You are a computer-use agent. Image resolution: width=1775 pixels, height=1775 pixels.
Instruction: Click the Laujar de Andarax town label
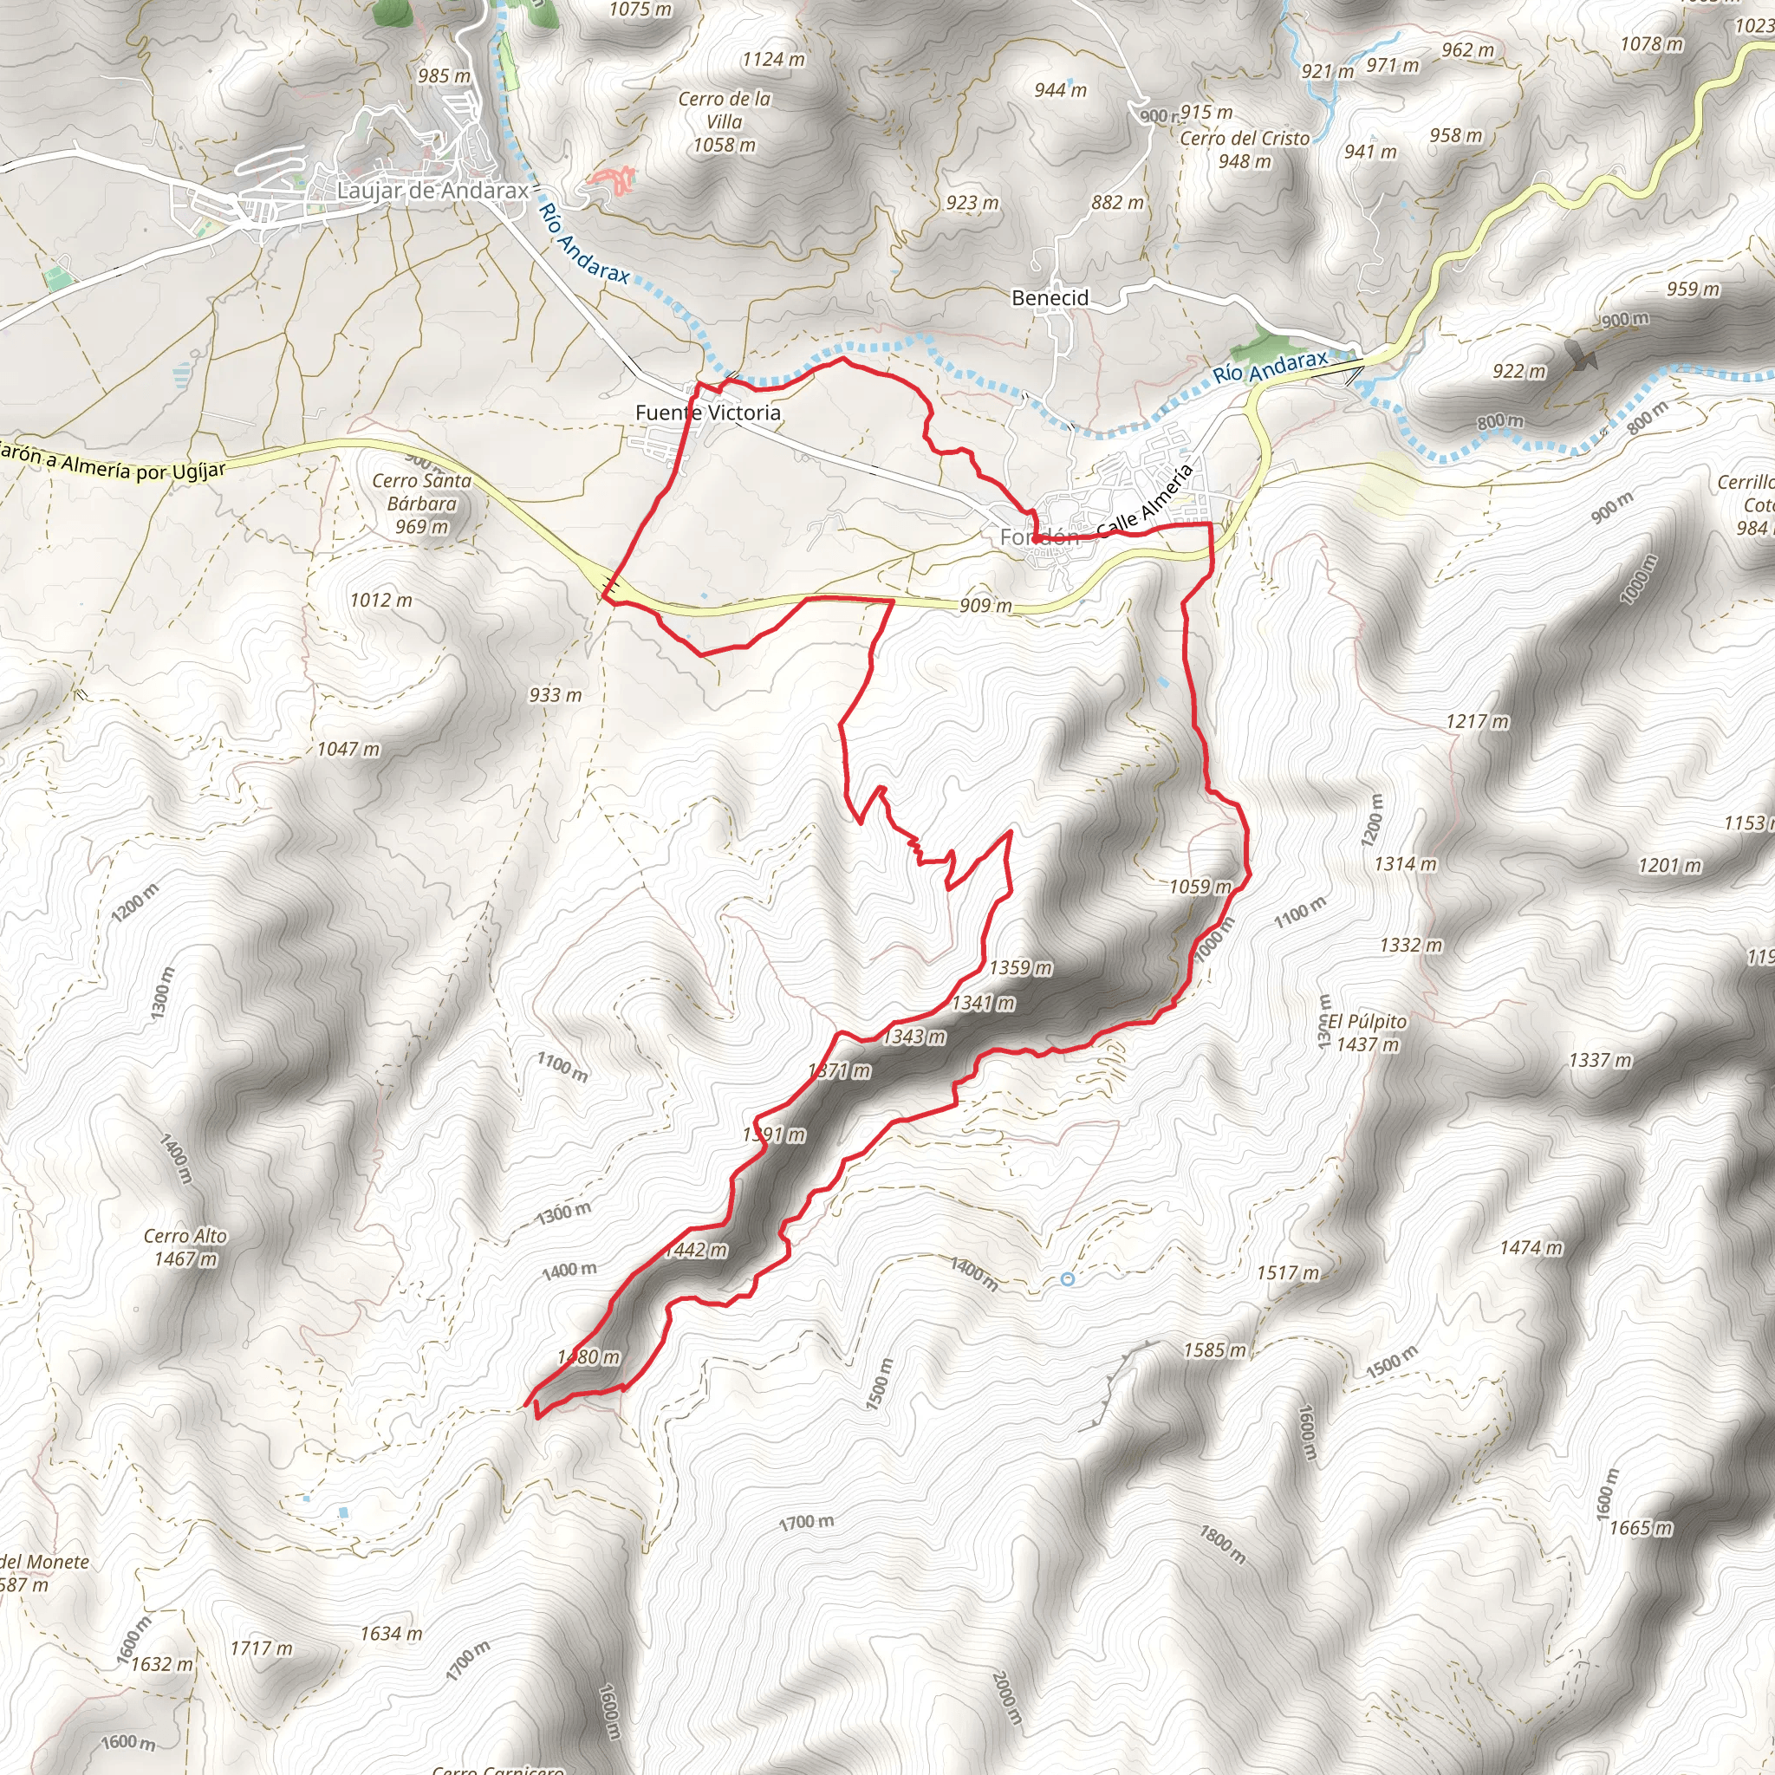(x=432, y=190)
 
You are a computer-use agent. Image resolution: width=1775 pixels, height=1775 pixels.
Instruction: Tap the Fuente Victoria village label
(x=707, y=413)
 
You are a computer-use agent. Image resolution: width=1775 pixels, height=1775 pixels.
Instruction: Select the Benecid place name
(x=1050, y=297)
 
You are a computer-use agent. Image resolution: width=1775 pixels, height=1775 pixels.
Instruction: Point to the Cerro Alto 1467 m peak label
(x=185, y=1246)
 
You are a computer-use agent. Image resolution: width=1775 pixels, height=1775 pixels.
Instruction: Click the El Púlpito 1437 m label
(x=1367, y=1032)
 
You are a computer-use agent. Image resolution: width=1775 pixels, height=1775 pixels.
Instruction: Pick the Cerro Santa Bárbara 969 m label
(x=422, y=504)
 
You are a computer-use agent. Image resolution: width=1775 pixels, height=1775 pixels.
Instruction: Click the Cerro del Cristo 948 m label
(x=1244, y=150)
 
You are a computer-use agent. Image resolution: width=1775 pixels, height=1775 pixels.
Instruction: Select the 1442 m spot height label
(x=695, y=1250)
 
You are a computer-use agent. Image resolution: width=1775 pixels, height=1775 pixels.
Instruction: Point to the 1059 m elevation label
(x=1200, y=887)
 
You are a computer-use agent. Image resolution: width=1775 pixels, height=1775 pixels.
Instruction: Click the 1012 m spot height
(x=380, y=600)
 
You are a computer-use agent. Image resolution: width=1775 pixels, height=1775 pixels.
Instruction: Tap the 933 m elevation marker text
(x=555, y=694)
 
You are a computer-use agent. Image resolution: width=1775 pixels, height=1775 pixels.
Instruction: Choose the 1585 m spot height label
(x=1214, y=1349)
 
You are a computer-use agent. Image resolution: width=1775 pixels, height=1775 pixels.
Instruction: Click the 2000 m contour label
(x=1007, y=1697)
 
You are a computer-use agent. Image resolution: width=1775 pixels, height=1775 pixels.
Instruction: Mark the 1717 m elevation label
(x=261, y=1648)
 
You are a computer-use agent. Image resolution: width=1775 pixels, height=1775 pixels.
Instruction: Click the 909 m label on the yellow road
(x=985, y=606)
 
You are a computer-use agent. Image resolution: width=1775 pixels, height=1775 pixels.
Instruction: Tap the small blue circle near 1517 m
(x=1068, y=1279)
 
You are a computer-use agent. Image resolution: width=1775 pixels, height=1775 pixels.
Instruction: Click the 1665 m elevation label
(x=1641, y=1527)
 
